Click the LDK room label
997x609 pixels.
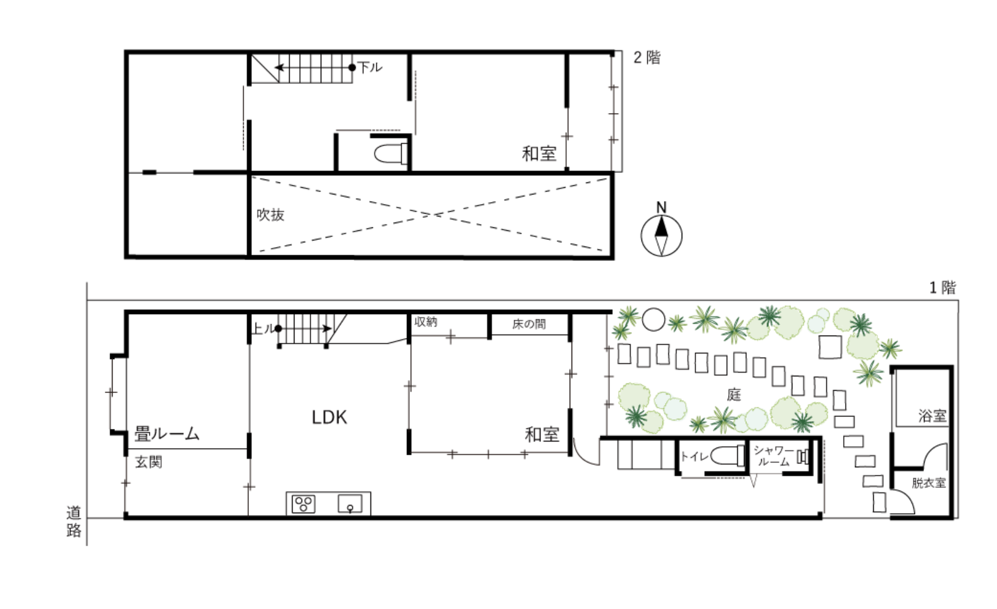[x=329, y=418]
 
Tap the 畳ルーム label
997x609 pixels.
[x=167, y=434]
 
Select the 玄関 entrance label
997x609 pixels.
[x=148, y=462]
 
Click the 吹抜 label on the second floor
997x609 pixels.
[x=270, y=215]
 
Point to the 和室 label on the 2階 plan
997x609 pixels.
[x=539, y=154]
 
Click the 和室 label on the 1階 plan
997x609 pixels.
[x=542, y=435]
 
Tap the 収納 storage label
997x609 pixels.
[x=425, y=322]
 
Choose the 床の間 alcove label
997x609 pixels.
[x=529, y=324]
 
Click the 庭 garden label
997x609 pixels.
[x=734, y=395]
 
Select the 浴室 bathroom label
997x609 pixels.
[x=932, y=416]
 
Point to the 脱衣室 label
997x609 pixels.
[x=928, y=483]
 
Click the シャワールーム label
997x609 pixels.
[x=774, y=456]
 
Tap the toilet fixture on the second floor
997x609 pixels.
[x=391, y=154]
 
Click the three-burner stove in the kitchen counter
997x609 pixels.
[x=303, y=504]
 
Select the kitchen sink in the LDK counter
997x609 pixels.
[x=350, y=504]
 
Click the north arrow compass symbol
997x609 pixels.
[x=661, y=235]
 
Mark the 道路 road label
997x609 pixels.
[x=74, y=522]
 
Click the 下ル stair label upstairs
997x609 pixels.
[x=369, y=68]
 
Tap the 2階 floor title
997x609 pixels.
[x=647, y=57]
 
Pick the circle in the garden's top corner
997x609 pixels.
[x=653, y=319]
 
